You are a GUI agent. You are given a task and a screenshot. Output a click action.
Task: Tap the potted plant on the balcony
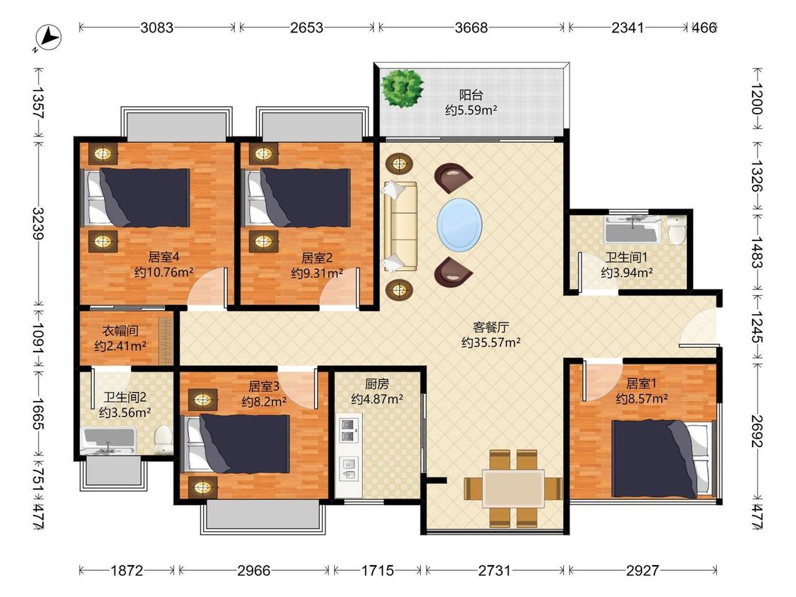[402, 88]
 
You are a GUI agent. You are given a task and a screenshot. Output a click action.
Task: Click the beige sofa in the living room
[400, 226]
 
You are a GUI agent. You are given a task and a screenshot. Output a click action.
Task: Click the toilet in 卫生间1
[676, 231]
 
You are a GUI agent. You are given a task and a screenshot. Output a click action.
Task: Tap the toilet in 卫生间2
[163, 440]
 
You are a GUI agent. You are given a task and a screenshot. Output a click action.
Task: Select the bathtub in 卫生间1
[633, 229]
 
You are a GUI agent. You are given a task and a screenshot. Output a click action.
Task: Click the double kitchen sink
[348, 430]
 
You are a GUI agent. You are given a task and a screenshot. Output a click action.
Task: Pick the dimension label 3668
[471, 28]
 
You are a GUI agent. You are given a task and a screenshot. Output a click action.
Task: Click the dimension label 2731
[495, 571]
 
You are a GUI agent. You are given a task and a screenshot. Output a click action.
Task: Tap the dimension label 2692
[757, 431]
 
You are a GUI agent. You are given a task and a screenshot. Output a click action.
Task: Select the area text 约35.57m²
[491, 342]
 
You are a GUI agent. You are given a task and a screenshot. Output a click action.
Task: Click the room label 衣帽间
[120, 331]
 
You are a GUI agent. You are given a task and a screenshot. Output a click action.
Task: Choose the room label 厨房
[376, 384]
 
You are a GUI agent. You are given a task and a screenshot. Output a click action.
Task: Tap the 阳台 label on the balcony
[471, 95]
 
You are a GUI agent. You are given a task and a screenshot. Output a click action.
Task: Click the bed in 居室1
[661, 458]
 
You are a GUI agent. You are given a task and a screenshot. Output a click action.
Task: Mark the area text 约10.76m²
[163, 272]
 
